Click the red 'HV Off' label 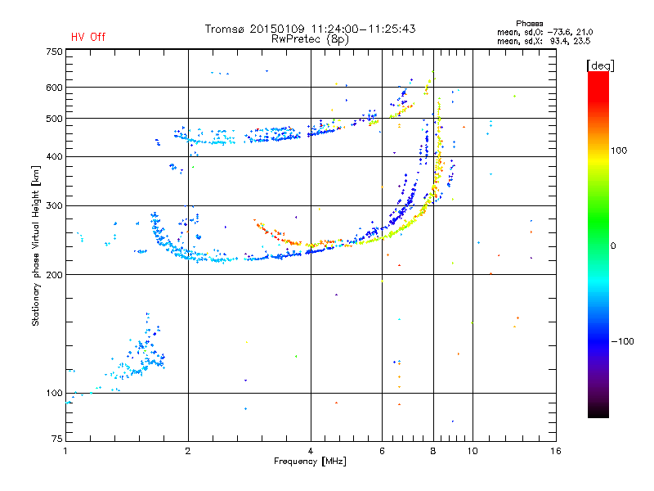coord(88,37)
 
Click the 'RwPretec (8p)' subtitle coord(310,38)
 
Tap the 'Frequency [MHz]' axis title coord(310,462)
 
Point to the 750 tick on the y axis coord(54,51)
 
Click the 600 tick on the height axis coord(54,87)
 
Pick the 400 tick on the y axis coord(54,156)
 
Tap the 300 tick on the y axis coord(54,205)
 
